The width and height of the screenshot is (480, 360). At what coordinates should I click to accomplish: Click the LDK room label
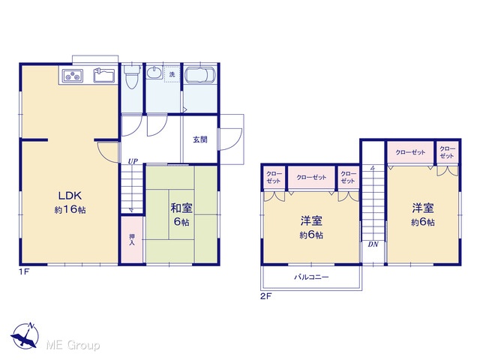pyautogui.click(x=70, y=195)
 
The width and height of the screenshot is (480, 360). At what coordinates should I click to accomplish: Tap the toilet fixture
pyautogui.click(x=132, y=76)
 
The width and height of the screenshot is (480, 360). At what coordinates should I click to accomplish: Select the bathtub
pyautogui.click(x=200, y=75)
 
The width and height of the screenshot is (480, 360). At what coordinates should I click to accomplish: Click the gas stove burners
pyautogui.click(x=73, y=76)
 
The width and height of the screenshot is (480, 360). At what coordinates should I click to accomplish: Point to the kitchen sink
pyautogui.click(x=104, y=75)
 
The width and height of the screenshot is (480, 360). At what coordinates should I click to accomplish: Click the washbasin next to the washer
pyautogui.click(x=154, y=73)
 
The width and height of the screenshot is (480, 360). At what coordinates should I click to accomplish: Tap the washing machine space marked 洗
pyautogui.click(x=172, y=74)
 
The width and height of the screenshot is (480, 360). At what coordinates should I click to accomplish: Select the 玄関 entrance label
pyautogui.click(x=200, y=139)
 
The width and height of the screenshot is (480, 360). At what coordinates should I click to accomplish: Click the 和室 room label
pyautogui.click(x=181, y=208)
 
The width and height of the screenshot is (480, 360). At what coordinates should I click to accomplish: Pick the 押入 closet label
pyautogui.click(x=132, y=239)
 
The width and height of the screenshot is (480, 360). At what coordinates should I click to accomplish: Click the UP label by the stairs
pyautogui.click(x=133, y=161)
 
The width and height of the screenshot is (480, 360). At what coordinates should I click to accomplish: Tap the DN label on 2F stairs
pyautogui.click(x=373, y=244)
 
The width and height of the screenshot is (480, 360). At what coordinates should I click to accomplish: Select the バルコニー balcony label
pyautogui.click(x=312, y=277)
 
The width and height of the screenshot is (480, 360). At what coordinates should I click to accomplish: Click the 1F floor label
pyautogui.click(x=24, y=271)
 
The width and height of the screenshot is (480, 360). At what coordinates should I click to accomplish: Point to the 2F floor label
pyautogui.click(x=266, y=296)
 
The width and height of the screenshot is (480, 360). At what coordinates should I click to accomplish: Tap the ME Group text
pyautogui.click(x=73, y=346)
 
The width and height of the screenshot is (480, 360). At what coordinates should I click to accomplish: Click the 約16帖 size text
pyautogui.click(x=70, y=210)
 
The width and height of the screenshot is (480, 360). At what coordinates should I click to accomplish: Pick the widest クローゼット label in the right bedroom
pyautogui.click(x=410, y=152)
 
